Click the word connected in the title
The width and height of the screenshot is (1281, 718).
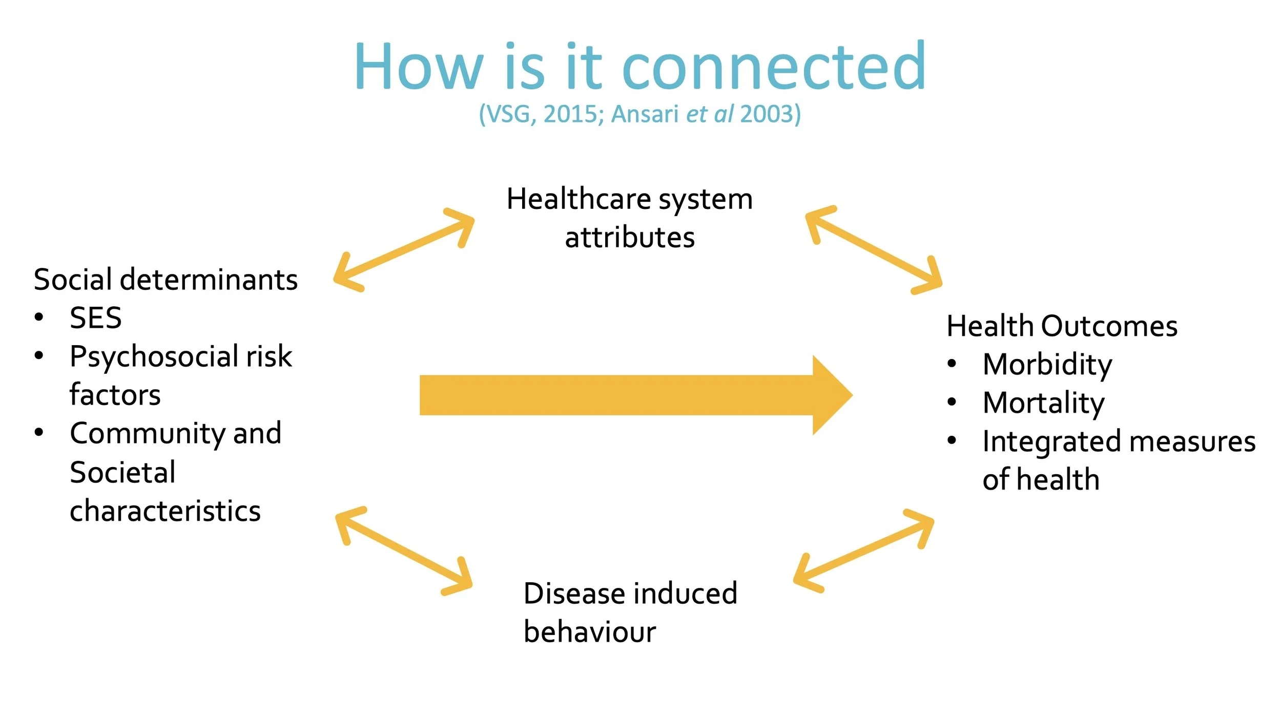774,67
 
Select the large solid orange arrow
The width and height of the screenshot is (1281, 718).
635,395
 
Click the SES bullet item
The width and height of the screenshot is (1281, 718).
96,318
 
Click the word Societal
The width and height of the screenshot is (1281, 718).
122,472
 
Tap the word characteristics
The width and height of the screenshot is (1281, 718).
165,511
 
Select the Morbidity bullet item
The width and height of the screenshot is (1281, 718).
1047,365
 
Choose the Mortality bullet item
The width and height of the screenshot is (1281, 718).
1044,403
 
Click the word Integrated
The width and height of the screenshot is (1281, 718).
1051,442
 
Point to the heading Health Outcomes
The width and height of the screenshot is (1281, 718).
1062,326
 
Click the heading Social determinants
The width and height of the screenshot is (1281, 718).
166,280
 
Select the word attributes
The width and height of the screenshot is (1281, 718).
630,238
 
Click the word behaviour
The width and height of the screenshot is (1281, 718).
589,632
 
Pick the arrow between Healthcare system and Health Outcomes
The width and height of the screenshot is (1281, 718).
874,250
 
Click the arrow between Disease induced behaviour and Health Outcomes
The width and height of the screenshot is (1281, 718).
863,551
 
